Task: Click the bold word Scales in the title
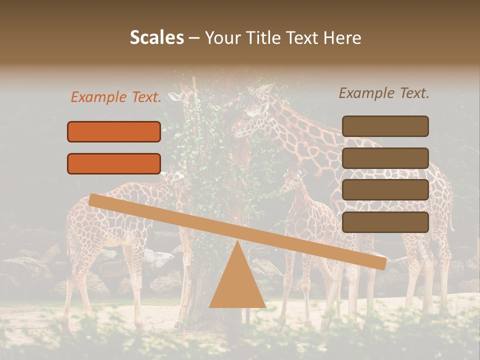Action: pos(156,38)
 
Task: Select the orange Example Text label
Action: pos(116,97)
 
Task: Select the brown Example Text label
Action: pos(384,93)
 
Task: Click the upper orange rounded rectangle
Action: pos(114,131)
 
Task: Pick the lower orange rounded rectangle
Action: pos(114,163)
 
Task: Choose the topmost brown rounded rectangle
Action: pos(385,126)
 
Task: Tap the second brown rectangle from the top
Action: pos(385,158)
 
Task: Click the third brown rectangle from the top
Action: pos(385,190)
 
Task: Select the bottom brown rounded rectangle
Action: pos(385,222)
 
